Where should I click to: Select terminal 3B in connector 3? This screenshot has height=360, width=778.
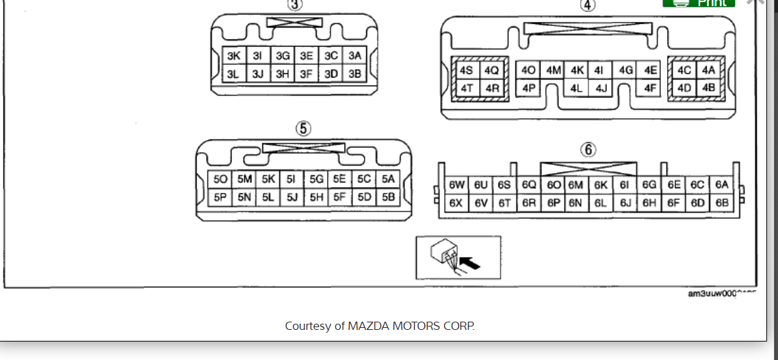click(x=354, y=74)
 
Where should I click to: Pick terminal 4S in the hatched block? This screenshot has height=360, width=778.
click(x=467, y=70)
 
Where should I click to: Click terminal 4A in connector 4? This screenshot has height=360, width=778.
click(x=708, y=70)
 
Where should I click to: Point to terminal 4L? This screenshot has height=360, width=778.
click(x=576, y=88)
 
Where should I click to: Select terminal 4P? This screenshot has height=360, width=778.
click(x=528, y=88)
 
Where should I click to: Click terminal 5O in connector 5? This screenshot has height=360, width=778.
click(x=220, y=179)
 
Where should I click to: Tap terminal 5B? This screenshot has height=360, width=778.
click(x=389, y=197)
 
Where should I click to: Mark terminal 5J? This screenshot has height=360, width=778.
click(x=292, y=197)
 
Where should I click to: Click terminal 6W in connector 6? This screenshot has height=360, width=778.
click(x=456, y=185)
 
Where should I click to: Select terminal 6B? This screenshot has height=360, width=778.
click(x=721, y=203)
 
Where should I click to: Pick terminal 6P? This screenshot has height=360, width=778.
click(x=554, y=203)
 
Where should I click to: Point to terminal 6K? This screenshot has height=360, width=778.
click(x=601, y=185)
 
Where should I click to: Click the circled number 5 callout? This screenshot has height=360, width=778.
click(x=303, y=128)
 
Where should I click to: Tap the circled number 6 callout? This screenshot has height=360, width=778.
click(x=588, y=149)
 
